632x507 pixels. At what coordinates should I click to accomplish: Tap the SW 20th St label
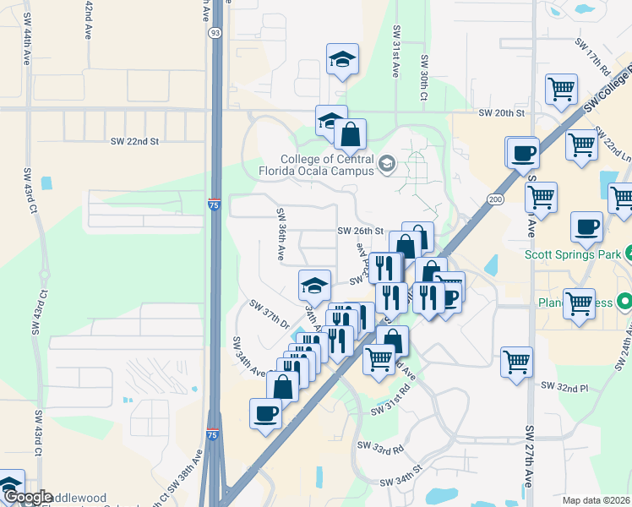[x=501, y=113]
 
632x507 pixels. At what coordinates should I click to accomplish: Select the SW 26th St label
[x=361, y=231]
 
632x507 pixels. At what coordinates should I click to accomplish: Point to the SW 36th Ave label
[x=280, y=232]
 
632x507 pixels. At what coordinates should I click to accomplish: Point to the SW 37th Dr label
[x=270, y=314]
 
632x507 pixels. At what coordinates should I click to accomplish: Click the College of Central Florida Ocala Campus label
[x=328, y=165]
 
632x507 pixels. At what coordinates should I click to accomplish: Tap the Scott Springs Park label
[x=573, y=254]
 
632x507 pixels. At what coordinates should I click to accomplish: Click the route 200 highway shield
[x=493, y=197]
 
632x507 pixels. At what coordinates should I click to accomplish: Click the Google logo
[x=27, y=497]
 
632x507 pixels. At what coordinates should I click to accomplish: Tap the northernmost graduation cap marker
[x=342, y=59]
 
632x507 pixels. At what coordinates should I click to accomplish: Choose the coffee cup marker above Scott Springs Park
[x=586, y=226]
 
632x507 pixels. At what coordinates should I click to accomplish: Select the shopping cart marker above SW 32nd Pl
[x=516, y=362]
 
